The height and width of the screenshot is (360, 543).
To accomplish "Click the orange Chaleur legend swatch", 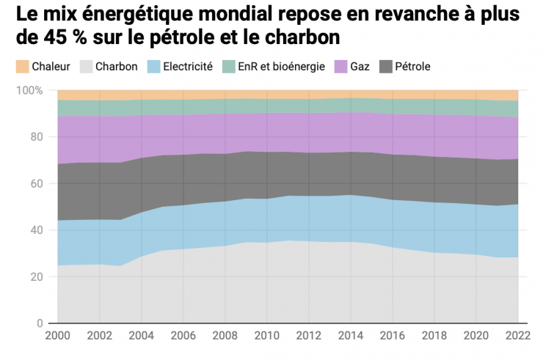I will click(x=21, y=67).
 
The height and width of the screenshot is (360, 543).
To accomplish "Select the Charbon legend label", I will click(x=116, y=67).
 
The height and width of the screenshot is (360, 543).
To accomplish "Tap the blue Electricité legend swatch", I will click(x=154, y=67).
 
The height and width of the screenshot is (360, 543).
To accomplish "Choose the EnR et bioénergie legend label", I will click(x=281, y=67).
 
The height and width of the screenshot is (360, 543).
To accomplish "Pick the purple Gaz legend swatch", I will click(x=342, y=67).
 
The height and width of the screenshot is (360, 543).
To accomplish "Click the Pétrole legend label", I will click(x=412, y=67).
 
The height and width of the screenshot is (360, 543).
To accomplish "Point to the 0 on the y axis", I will click(x=40, y=323).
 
